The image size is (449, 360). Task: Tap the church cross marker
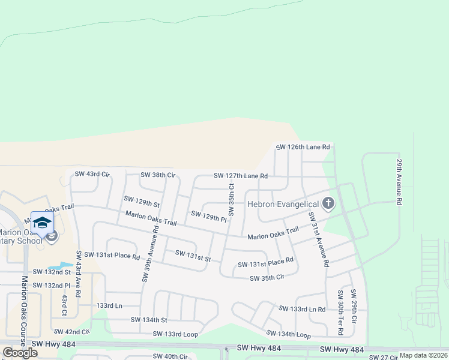pyautogui.click(x=328, y=203)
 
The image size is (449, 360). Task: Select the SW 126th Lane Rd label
pyautogui.click(x=303, y=146)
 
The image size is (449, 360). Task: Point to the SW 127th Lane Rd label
pyautogui.click(x=241, y=176)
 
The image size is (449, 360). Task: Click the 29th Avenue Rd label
pyautogui.click(x=399, y=182)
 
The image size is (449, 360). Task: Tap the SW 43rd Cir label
pyautogui.click(x=92, y=174)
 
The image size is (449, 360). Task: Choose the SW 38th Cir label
pyautogui.click(x=157, y=175)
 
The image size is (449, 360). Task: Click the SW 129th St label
pyautogui.click(x=142, y=201)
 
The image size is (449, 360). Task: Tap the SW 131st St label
pyautogui.click(x=193, y=256)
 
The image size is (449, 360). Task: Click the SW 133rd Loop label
pyautogui.click(x=175, y=334)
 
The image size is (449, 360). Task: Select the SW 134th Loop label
pyautogui.click(x=289, y=334)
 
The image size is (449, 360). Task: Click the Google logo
pyautogui.click(x=20, y=353)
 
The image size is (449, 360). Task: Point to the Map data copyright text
pyautogui.click(x=423, y=355)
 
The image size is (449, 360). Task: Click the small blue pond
pyautogui.click(x=59, y=265)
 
